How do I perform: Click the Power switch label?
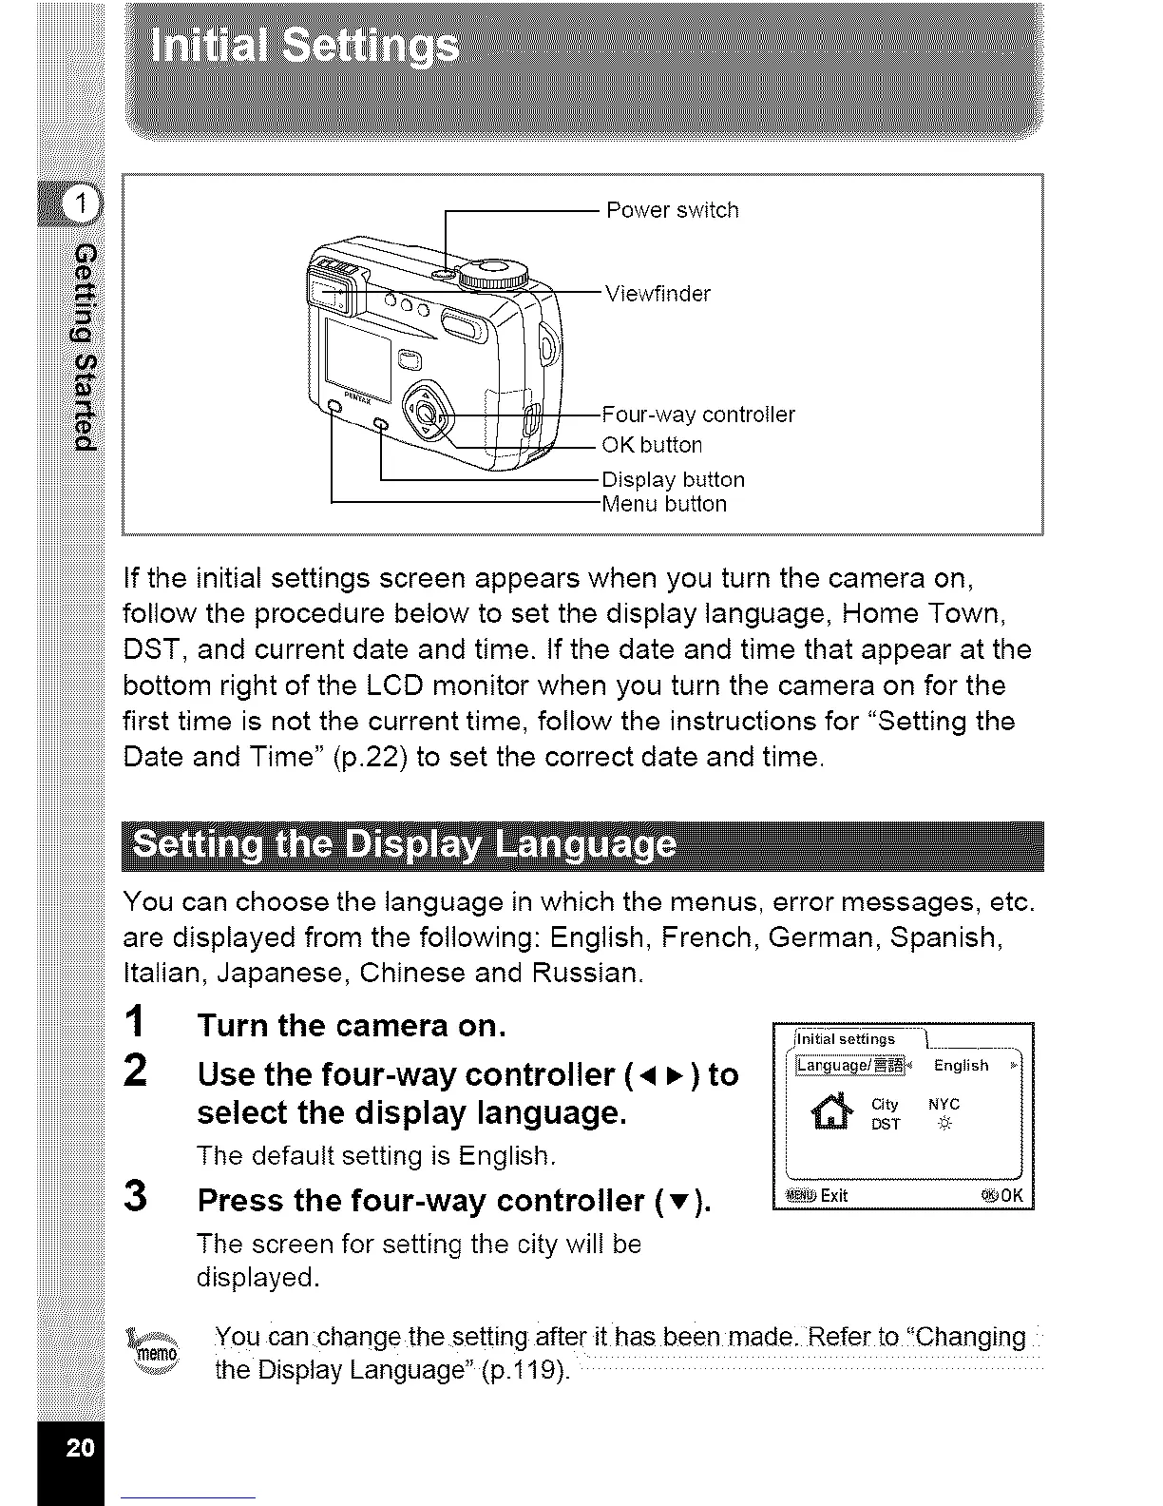coord(672,210)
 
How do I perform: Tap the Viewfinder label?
coord(658,294)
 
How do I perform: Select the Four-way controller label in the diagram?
coord(698,415)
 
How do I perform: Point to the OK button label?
coord(652,445)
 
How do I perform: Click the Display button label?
coord(673,479)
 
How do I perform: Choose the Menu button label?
coord(664,504)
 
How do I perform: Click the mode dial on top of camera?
coord(492,274)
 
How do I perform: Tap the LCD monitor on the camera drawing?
coord(357,357)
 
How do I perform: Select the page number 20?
coord(81,1448)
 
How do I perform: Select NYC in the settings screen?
coord(944,1104)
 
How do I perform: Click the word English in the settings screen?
coord(961,1066)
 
